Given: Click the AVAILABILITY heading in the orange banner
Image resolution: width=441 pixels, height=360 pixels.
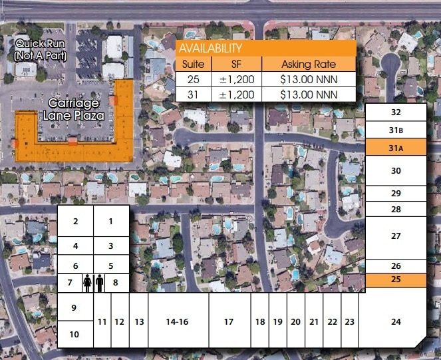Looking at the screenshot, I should (x=210, y=49).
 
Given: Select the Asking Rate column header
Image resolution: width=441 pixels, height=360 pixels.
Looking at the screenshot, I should (x=309, y=65).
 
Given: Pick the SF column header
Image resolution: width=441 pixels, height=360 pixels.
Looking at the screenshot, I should (x=237, y=65).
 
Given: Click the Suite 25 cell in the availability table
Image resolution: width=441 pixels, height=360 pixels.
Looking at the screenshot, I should (x=194, y=79).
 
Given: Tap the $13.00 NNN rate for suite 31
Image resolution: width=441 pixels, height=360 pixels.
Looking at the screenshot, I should (x=309, y=94).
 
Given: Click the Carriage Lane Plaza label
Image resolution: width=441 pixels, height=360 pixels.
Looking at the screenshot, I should (x=73, y=109).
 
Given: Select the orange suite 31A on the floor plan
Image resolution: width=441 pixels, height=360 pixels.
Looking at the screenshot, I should (x=396, y=148).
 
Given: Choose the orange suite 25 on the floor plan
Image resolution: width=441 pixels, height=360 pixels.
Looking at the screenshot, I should (x=396, y=279).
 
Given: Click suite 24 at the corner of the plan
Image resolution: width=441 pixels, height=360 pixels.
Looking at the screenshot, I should (x=396, y=321).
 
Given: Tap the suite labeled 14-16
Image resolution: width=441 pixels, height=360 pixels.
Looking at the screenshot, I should (x=177, y=321).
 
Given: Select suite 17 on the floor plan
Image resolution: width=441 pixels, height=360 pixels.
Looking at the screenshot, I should (x=229, y=321).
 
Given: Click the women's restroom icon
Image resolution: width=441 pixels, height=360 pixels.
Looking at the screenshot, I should (x=87, y=283).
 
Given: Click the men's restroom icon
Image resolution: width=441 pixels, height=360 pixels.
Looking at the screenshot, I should (x=100, y=283).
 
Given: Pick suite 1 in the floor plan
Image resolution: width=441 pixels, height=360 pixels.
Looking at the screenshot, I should (x=110, y=221).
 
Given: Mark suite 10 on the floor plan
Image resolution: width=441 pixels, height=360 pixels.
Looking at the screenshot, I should (x=74, y=334).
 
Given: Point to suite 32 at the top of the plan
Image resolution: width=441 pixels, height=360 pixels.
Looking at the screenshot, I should (x=396, y=113).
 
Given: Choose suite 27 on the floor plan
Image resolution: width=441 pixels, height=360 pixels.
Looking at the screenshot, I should (x=396, y=236).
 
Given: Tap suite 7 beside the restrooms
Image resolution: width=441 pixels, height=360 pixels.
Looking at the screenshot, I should (x=69, y=283).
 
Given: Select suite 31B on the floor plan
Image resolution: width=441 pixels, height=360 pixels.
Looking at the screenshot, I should (x=396, y=130).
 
